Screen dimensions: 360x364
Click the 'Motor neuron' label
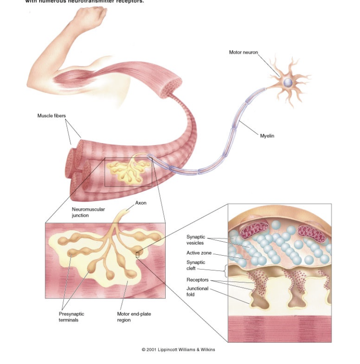click(x=243, y=52)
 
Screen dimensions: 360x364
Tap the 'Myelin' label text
click(x=267, y=136)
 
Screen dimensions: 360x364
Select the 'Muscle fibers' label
click(x=51, y=116)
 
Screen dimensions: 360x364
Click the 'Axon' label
click(x=141, y=203)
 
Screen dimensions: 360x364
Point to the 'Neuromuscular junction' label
click(x=88, y=212)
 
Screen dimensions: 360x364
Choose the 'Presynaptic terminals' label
click(x=71, y=317)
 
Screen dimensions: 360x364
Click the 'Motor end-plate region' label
click(x=134, y=317)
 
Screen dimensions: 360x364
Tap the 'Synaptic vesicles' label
click(x=195, y=240)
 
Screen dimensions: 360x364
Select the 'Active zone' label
click(x=199, y=253)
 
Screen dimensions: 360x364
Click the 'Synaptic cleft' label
click(x=195, y=265)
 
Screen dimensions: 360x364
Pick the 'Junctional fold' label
click(x=197, y=291)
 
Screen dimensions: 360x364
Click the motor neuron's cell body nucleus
click(x=288, y=83)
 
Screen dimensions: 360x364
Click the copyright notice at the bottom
click(x=178, y=349)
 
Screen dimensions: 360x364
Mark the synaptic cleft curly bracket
click(x=226, y=270)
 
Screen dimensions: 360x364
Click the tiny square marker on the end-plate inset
click(x=138, y=255)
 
